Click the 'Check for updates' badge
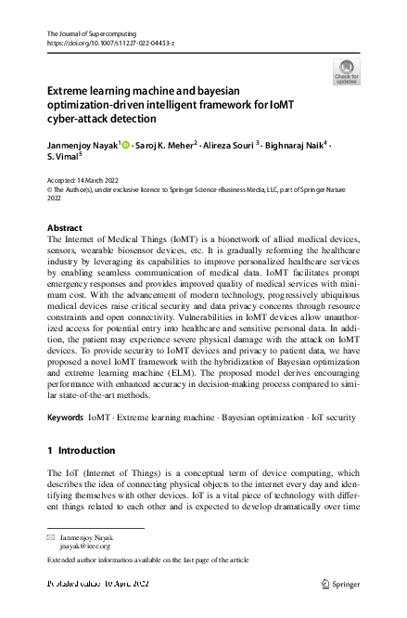click(345, 72)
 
